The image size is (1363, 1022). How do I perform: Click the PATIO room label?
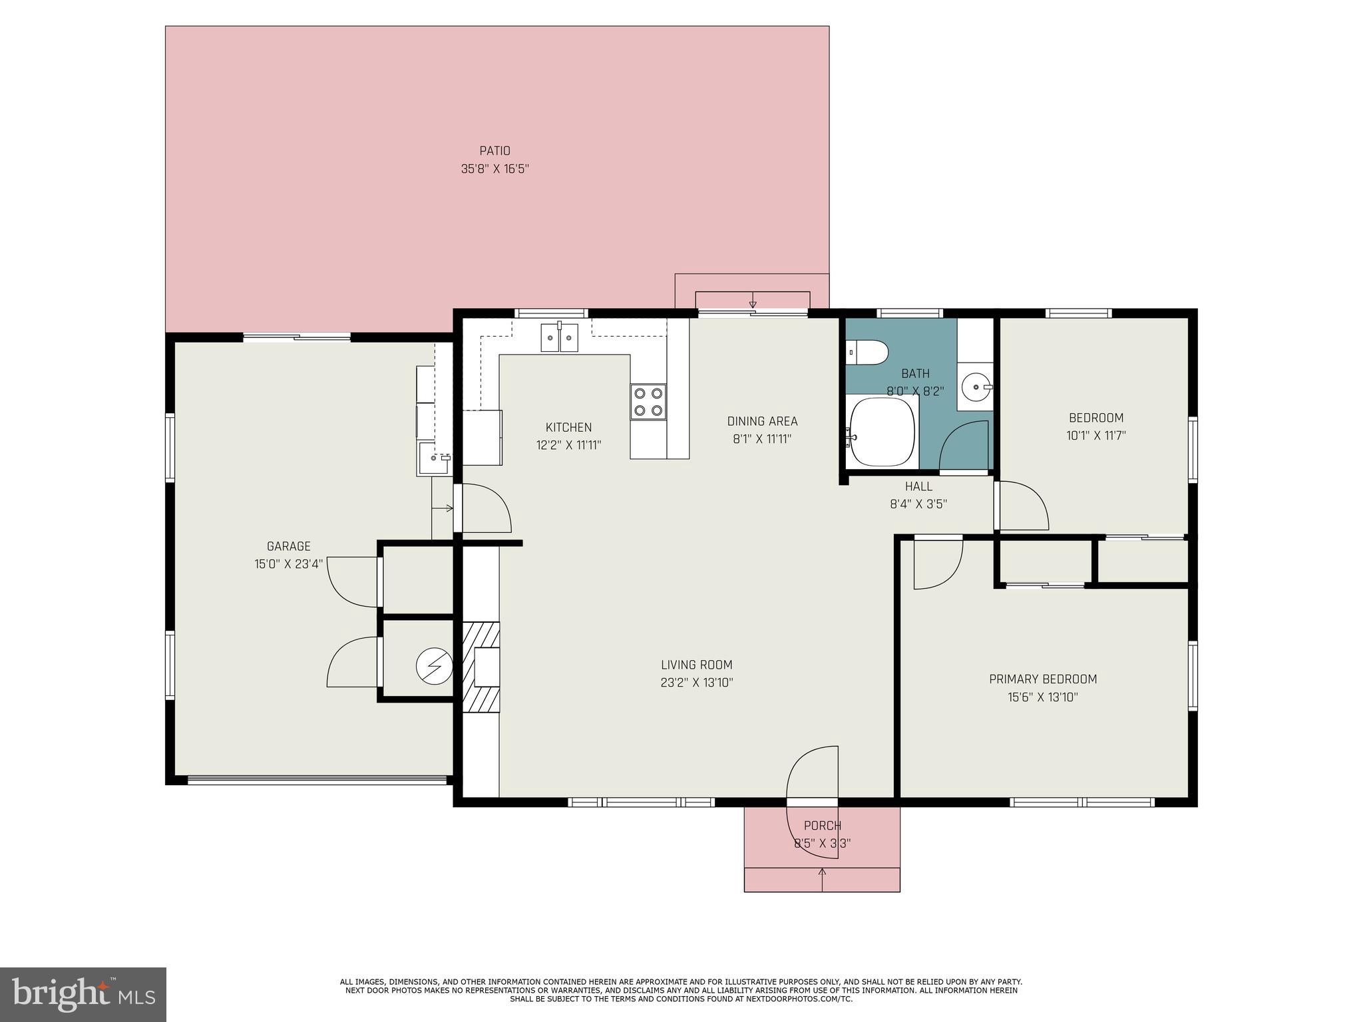(x=494, y=151)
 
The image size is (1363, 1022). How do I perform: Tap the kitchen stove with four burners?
(x=648, y=401)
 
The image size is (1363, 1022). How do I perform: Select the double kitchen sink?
(x=559, y=337)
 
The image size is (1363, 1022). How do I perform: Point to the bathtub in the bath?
(x=881, y=432)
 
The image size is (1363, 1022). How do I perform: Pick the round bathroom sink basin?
(x=977, y=386)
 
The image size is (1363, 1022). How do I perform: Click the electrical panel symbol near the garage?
(x=434, y=665)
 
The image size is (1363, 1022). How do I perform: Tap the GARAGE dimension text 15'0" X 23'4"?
(x=288, y=564)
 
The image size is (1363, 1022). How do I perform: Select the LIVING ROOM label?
(x=696, y=665)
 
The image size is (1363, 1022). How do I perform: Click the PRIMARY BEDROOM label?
(x=1042, y=679)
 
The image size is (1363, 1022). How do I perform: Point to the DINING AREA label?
(x=762, y=421)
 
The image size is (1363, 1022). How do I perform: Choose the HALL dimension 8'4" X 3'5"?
(x=918, y=504)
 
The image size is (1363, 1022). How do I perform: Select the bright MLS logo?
(x=83, y=994)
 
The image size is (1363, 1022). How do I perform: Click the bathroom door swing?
(x=963, y=446)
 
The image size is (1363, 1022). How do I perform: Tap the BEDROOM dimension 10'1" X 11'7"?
(x=1095, y=436)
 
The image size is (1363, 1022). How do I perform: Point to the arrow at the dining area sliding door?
(x=753, y=300)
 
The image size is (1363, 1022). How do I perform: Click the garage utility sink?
(x=434, y=457)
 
